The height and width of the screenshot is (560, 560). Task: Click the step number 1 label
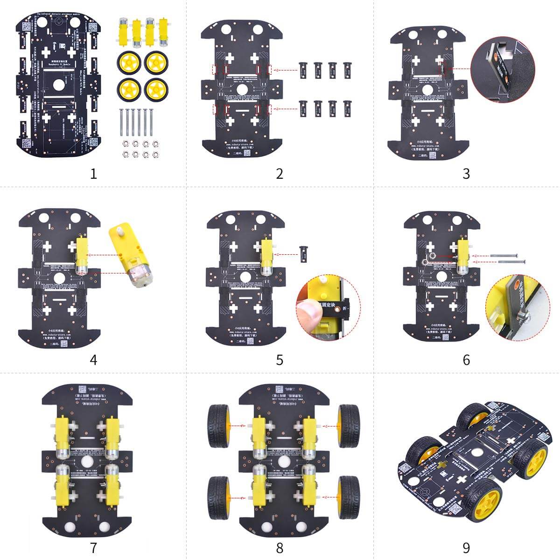pyautogui.click(x=93, y=174)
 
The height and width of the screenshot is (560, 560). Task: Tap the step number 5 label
pyautogui.click(x=280, y=360)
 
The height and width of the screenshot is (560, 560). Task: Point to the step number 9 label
pyautogui.click(x=466, y=547)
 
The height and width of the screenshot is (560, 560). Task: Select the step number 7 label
pyautogui.click(x=93, y=547)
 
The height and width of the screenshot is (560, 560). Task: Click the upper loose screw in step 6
pyautogui.click(x=503, y=255)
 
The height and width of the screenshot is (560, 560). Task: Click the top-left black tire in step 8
pyautogui.click(x=219, y=426)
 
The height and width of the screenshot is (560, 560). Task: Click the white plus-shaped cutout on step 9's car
pyautogui.click(x=462, y=480)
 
